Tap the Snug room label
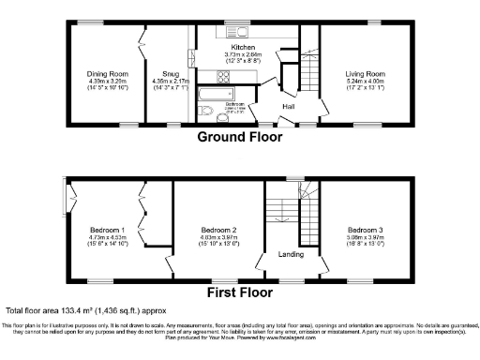171,72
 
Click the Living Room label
362,72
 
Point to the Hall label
289,106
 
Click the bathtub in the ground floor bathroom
218,96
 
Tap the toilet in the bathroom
208,116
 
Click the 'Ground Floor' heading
239,137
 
